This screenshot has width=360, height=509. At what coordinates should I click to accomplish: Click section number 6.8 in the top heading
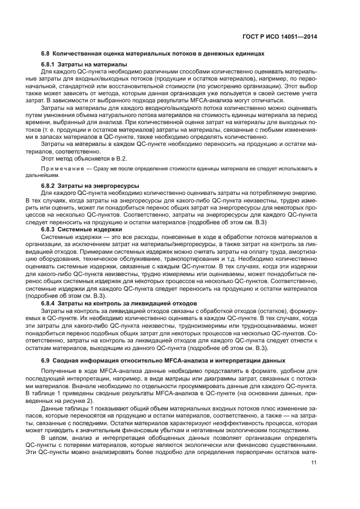coord(46,54)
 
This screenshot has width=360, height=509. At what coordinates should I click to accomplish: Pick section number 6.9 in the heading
coord(46,361)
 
